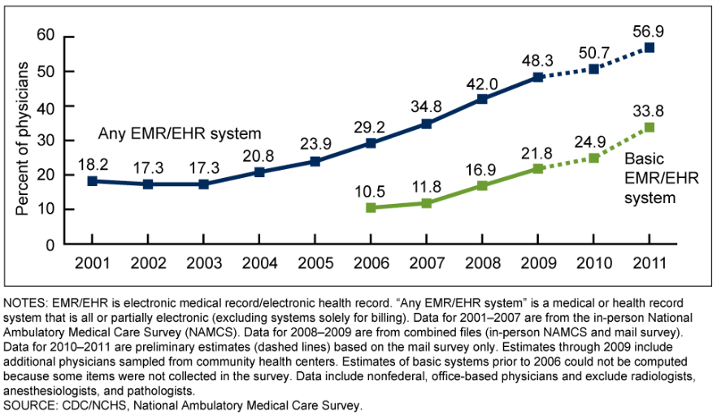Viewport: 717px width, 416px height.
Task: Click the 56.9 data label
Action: coord(649,31)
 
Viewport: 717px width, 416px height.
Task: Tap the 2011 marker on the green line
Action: coord(649,128)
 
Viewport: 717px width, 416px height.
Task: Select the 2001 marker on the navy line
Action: coord(92,180)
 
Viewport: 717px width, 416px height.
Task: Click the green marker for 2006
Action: coord(371,208)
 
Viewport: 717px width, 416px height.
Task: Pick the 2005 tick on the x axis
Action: coord(315,263)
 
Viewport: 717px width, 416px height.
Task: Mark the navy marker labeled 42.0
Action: coord(482,99)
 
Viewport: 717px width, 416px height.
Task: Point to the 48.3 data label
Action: coord(537,60)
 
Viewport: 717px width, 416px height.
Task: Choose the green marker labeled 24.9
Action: coord(593,158)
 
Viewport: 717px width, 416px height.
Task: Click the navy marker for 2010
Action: coord(593,69)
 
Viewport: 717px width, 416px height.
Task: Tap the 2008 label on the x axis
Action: coord(482,263)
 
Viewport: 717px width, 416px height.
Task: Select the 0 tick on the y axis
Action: coord(49,245)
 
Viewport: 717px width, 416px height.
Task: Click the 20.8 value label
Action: coord(259,154)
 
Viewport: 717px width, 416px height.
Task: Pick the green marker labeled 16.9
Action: coord(482,186)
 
